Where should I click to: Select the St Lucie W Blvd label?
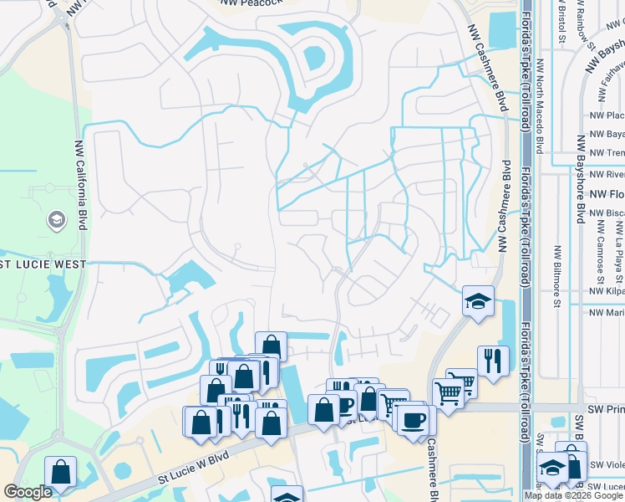click(x=194, y=468)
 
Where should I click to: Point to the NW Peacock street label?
click(x=252, y=4)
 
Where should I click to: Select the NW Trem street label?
click(x=607, y=153)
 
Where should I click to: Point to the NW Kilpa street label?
click(x=607, y=290)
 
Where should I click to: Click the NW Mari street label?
click(x=607, y=313)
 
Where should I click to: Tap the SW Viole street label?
click(x=607, y=465)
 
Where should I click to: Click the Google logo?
click(x=27, y=492)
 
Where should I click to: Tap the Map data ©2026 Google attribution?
click(x=573, y=495)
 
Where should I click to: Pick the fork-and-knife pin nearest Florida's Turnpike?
click(x=493, y=361)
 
